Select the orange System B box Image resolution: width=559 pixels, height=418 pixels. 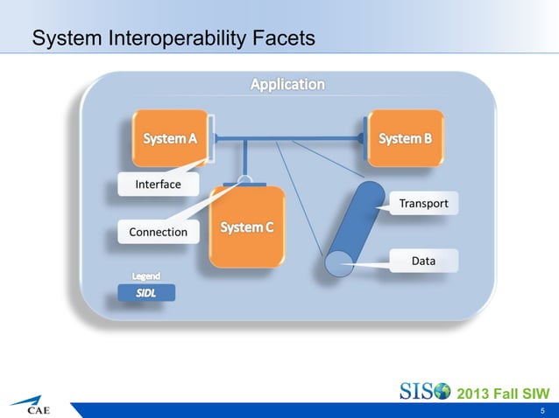click(x=405, y=138)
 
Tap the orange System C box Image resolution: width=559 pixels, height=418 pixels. click(x=247, y=226)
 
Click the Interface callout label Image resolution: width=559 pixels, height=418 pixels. click(x=158, y=185)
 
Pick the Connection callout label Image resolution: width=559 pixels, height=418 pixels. click(x=158, y=232)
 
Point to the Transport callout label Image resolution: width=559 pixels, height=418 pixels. click(x=423, y=204)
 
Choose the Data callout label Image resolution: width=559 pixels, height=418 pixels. click(x=423, y=261)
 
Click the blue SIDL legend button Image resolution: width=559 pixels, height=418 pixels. click(x=146, y=293)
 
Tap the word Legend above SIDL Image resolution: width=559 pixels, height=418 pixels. click(x=146, y=276)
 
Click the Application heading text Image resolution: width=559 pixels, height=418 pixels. click(x=287, y=85)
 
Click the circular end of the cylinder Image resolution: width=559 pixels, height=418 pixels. click(x=336, y=261)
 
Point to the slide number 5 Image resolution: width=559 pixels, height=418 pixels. click(x=543, y=410)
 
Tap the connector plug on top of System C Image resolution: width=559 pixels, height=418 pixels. click(x=245, y=181)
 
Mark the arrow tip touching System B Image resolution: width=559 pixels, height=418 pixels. click(x=360, y=138)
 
